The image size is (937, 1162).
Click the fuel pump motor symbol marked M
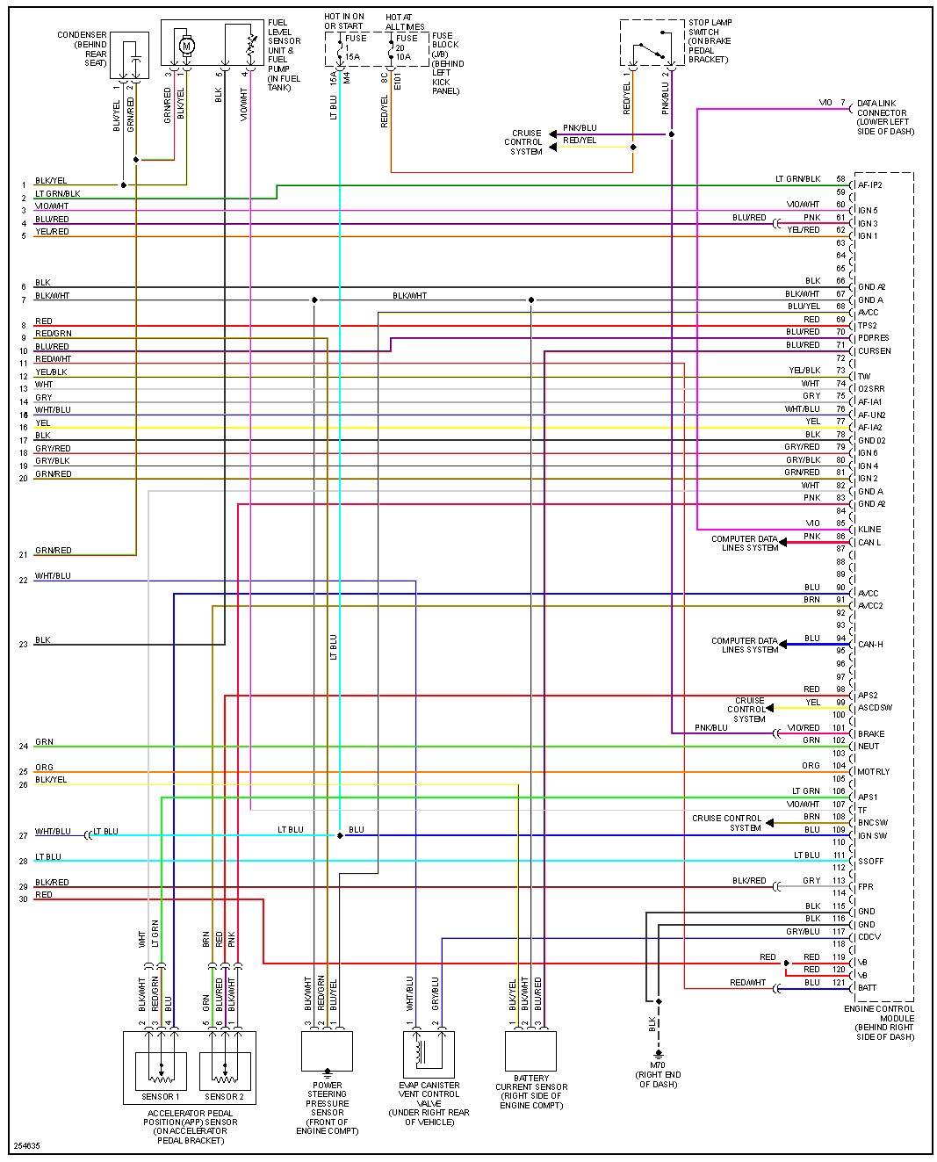coord(186,45)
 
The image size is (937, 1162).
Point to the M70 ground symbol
coord(658,1054)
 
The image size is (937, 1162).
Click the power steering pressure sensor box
coord(327,1051)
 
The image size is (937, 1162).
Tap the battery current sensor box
coord(530,1051)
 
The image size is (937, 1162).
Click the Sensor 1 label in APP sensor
coord(160,1096)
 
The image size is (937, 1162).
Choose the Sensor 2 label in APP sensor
coord(224,1096)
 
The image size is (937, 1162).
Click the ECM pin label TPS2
coord(867,325)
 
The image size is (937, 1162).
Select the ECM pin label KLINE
coord(869,529)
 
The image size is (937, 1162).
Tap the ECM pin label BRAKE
coord(871,733)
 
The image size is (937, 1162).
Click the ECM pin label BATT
coord(867,987)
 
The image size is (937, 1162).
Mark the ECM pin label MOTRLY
coord(873,771)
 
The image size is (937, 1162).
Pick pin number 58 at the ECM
coord(840,179)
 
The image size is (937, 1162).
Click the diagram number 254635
coord(25,1145)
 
